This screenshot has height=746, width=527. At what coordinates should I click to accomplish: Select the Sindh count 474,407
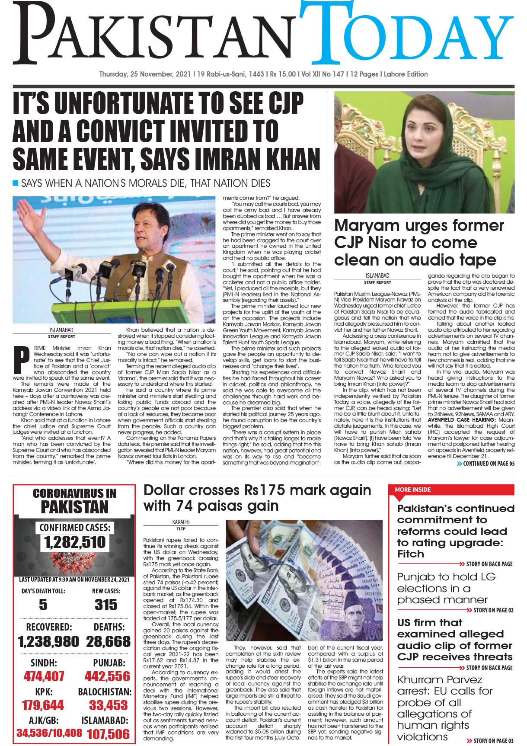coord(43,676)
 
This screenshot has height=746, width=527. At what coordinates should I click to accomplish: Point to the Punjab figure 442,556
coord(107,676)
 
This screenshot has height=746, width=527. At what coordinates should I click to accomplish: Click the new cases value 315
coord(106,605)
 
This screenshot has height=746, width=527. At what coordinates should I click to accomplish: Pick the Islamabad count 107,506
coord(108,733)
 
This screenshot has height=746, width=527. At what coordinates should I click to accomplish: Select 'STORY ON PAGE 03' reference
coord(493,740)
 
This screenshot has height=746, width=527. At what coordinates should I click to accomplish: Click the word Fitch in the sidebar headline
coord(411,554)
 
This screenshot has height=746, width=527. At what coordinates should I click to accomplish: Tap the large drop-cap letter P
coord(19,359)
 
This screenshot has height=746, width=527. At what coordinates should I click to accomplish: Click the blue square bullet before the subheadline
coord(16,183)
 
